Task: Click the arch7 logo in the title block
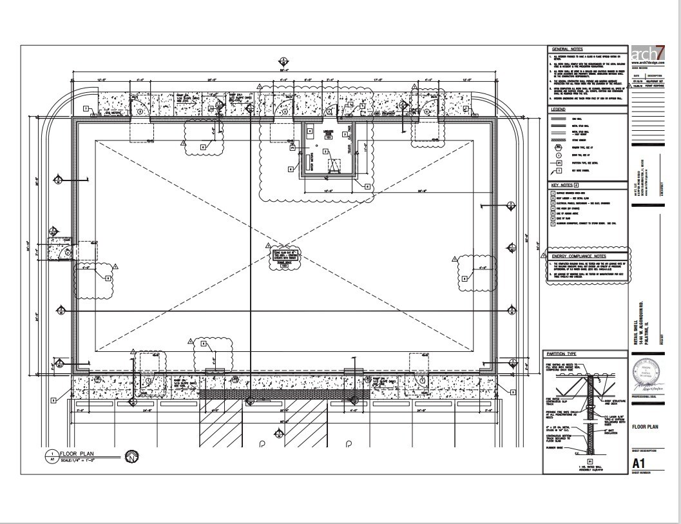point(648,53)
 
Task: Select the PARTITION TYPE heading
point(562,354)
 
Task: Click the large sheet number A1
point(638,463)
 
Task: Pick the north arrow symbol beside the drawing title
point(131,456)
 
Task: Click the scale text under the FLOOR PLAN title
point(84,460)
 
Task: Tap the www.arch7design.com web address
point(647,63)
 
